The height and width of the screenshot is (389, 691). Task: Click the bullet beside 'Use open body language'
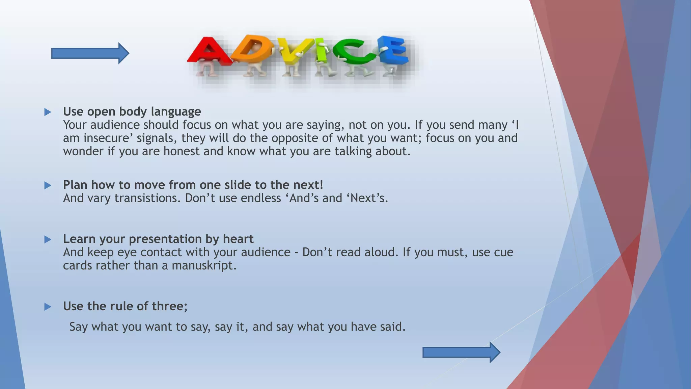click(48, 112)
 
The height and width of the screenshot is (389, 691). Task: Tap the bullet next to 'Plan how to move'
click(48, 185)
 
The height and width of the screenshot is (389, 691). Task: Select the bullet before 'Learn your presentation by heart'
click(48, 240)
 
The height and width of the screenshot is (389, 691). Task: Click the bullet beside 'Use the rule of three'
click(48, 307)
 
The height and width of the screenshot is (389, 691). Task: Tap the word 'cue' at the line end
click(503, 253)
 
